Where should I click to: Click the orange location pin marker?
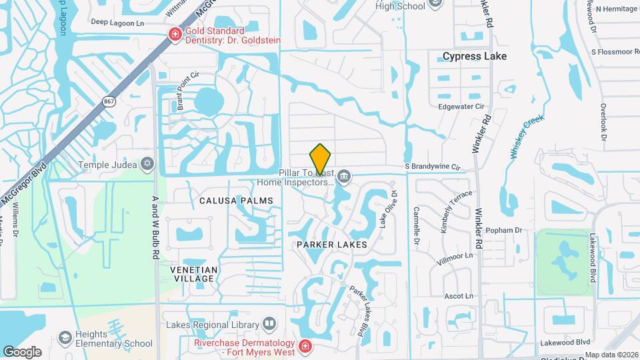[x=321, y=159]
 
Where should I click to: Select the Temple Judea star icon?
[x=147, y=164]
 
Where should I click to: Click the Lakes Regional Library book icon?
[x=269, y=324]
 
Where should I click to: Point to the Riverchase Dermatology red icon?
[x=304, y=347]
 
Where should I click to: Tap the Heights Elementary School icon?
[x=65, y=338]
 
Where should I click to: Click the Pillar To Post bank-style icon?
[x=344, y=176]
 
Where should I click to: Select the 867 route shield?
[x=109, y=101]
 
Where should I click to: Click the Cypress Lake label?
[x=475, y=56]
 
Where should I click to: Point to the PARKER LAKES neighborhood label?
[x=332, y=245]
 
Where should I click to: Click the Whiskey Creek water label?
[x=527, y=137]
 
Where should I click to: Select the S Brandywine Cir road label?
[x=433, y=166]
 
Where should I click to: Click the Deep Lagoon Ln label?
[x=117, y=22]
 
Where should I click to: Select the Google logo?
[x=22, y=351]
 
